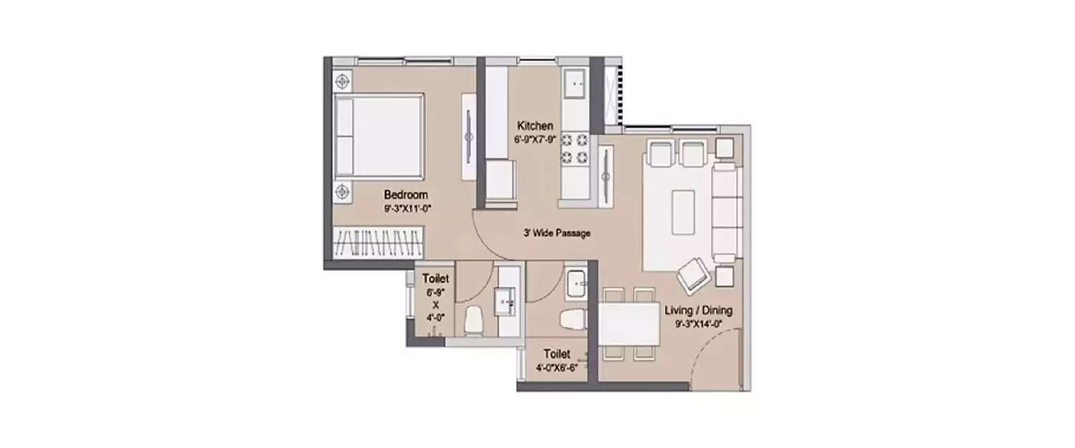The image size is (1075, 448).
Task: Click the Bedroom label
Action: [406, 195]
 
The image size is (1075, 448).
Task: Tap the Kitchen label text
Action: [535, 126]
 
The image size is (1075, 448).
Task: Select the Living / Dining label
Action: [698, 310]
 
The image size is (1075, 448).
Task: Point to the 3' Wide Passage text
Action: [557, 234]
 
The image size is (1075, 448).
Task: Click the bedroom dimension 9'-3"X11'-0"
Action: [408, 209]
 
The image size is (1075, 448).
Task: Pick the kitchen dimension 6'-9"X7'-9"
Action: [535, 140]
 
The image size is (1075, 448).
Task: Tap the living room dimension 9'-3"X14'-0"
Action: [699, 324]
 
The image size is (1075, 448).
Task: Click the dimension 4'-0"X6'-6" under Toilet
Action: [557, 368]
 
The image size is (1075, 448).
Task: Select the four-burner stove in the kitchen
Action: [575, 148]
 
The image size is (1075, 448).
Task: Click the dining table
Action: [629, 324]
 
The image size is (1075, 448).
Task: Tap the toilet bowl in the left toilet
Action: [473, 321]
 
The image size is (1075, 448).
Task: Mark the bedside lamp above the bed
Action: [342, 82]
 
